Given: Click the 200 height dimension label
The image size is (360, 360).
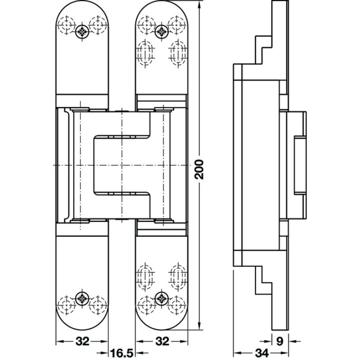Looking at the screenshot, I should click(x=200, y=168).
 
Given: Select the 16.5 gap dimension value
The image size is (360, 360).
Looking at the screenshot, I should click(x=122, y=353).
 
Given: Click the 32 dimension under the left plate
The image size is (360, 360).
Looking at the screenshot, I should click(x=81, y=341).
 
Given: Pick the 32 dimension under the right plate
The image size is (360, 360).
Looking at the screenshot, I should click(x=162, y=341).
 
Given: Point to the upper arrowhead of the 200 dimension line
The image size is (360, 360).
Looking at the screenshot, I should click(x=199, y=4).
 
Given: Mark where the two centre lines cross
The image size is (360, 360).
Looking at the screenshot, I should click(x=121, y=166).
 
